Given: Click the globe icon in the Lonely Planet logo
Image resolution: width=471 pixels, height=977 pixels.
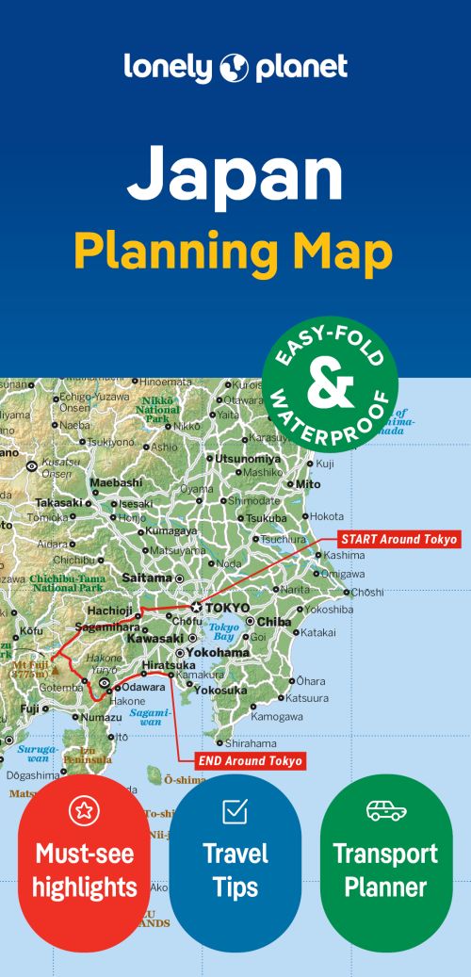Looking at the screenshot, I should (235, 68).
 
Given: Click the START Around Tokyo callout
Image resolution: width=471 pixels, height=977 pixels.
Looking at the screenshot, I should (399, 540).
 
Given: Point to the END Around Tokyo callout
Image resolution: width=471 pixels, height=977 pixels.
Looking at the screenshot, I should (252, 760).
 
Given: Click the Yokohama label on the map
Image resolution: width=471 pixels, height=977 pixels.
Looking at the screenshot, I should (219, 652).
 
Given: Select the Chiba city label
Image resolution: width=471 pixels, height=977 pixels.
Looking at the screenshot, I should (274, 622).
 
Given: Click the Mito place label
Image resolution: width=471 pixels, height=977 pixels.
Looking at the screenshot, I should (308, 483).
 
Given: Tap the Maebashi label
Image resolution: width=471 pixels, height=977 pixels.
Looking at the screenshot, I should (115, 483).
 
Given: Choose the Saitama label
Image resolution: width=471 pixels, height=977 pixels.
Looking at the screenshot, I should (147, 578).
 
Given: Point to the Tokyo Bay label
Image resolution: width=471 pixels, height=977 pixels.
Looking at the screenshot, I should (224, 631).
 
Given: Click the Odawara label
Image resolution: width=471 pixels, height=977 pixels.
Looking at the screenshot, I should (141, 686).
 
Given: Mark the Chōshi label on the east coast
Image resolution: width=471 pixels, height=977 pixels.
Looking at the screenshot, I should (366, 593).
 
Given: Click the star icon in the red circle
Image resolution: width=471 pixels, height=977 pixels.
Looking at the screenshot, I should (84, 810).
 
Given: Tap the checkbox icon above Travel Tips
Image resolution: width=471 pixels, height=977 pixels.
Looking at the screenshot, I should (235, 810).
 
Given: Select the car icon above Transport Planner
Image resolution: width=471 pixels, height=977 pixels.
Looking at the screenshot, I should (386, 810).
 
